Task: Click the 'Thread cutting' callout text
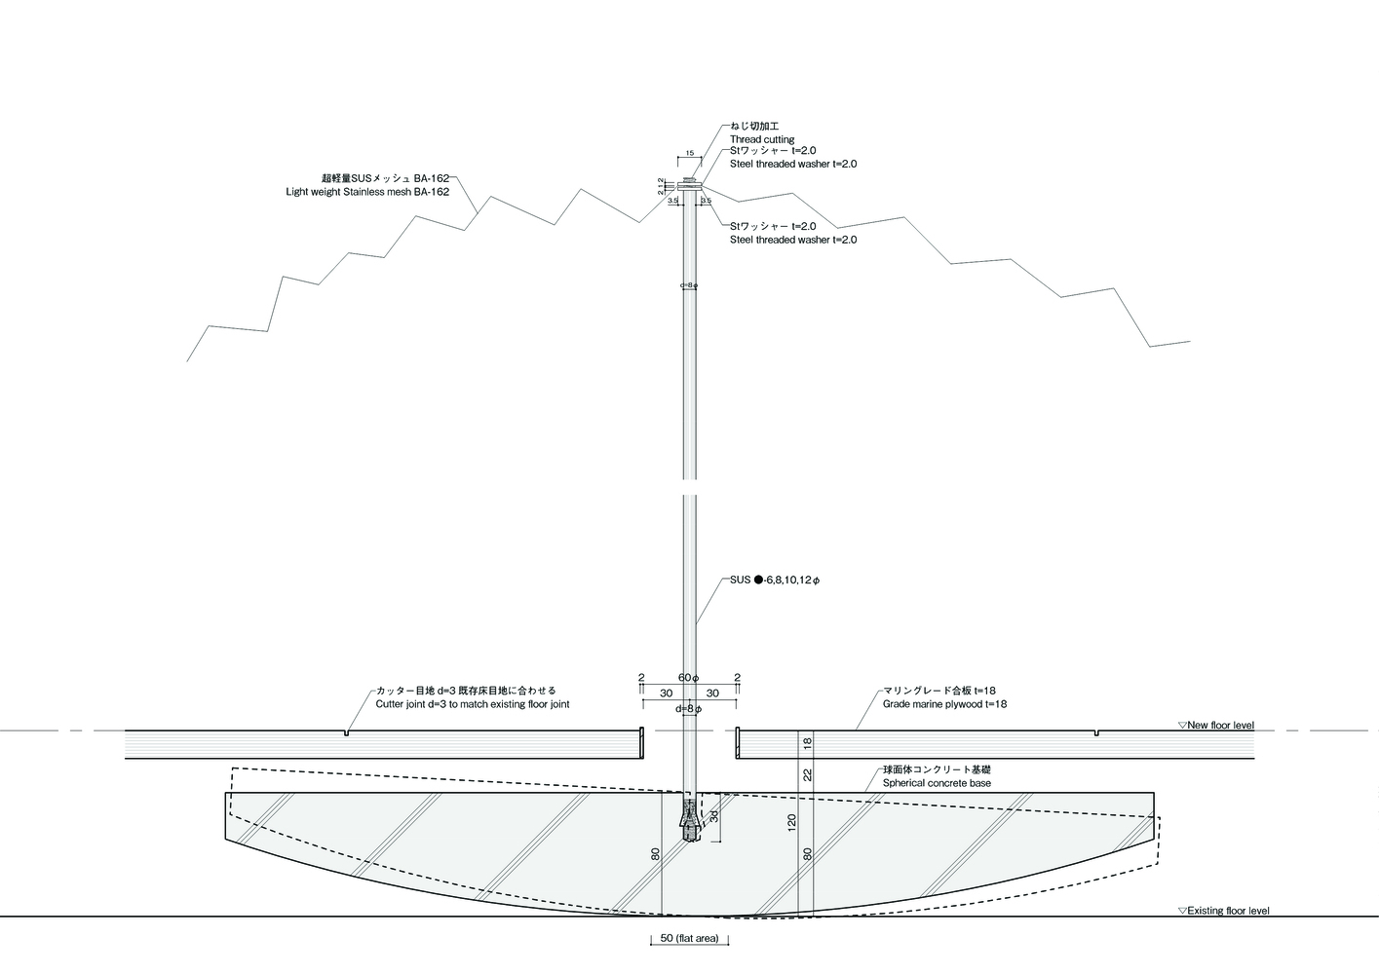[x=762, y=140]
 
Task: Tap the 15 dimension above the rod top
[x=690, y=153]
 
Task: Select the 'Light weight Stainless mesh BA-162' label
[x=367, y=192]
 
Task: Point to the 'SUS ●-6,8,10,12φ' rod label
[x=776, y=581]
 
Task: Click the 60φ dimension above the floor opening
[x=688, y=677]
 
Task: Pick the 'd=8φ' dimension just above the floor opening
[x=688, y=708]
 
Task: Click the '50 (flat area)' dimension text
[x=689, y=939]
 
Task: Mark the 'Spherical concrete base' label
[x=937, y=783]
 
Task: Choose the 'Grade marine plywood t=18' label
[x=944, y=704]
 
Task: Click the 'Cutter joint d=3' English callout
[x=473, y=704]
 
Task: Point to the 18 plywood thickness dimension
[x=807, y=743]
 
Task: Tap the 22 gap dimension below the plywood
[x=807, y=775]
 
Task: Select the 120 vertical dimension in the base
[x=791, y=822]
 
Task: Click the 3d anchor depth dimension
[x=713, y=815]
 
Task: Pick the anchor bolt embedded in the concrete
[x=690, y=818]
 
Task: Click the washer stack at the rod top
[x=690, y=183]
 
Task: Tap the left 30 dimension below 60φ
[x=666, y=693]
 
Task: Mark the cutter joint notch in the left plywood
[x=346, y=732]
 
